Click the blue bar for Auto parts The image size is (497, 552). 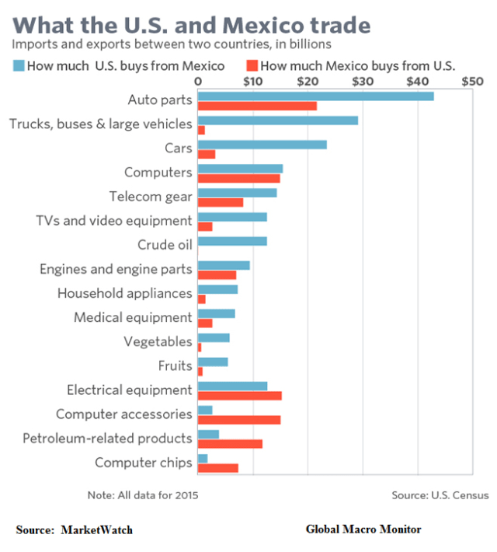tap(315, 96)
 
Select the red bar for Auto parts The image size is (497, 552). tap(257, 106)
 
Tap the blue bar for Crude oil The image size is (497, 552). tap(232, 241)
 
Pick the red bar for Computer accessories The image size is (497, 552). tap(239, 420)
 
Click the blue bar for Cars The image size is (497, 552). tap(262, 145)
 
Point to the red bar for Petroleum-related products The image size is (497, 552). tap(230, 444)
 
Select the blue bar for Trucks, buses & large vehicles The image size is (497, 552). tap(278, 121)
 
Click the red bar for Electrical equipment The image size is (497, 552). tap(239, 396)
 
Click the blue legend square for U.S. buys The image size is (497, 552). tap(16, 65)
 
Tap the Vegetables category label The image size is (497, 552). tap(158, 341)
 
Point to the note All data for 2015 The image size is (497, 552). tap(142, 495)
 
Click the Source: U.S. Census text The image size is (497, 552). tap(440, 495)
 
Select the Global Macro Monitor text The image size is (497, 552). tap(363, 529)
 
